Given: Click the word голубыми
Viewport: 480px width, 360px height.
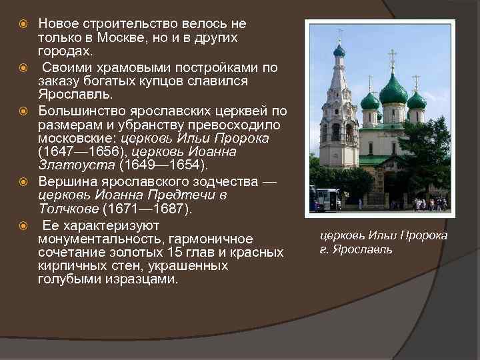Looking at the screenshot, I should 69,279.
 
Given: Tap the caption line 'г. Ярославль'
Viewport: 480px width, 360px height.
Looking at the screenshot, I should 356,250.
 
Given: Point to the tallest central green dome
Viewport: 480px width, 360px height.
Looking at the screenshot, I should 393,90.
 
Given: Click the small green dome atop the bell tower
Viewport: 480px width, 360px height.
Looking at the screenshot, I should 339,51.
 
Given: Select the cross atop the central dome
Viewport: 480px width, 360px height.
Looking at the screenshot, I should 392,59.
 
